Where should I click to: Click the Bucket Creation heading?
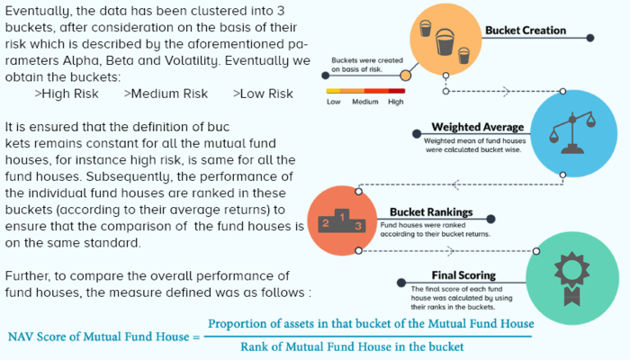coord(525,31)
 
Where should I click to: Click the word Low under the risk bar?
coord(334,103)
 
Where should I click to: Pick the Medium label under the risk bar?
coord(365,103)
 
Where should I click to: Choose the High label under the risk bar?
coord(396,103)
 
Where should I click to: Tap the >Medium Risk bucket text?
coord(166,94)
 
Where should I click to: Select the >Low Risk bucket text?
coord(263,94)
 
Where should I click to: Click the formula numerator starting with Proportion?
coord(371,323)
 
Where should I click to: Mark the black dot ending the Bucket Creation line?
coord(590,39)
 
